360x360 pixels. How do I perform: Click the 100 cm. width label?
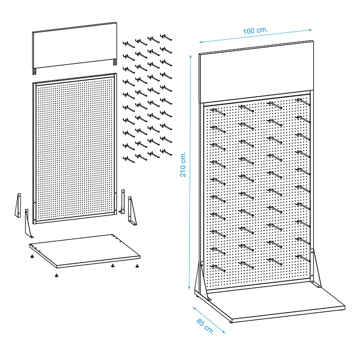255,31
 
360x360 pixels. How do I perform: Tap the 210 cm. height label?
183,164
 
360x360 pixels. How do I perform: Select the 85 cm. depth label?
205,326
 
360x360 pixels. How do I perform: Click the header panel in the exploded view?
75,46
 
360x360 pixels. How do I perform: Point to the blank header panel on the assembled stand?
256,72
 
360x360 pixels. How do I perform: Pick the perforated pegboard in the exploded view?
75,148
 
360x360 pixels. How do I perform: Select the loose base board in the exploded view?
85,251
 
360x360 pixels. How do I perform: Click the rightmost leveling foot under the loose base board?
137,266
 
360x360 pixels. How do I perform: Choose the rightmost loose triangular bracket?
132,211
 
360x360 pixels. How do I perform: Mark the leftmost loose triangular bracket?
18,205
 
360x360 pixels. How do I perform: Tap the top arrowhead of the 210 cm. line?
190,57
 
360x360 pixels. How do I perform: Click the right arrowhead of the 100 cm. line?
310,30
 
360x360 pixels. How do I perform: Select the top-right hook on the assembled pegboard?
303,102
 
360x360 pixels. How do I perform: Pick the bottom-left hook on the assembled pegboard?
218,268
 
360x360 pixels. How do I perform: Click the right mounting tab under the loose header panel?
115,62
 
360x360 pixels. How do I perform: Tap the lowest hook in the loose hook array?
129,159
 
